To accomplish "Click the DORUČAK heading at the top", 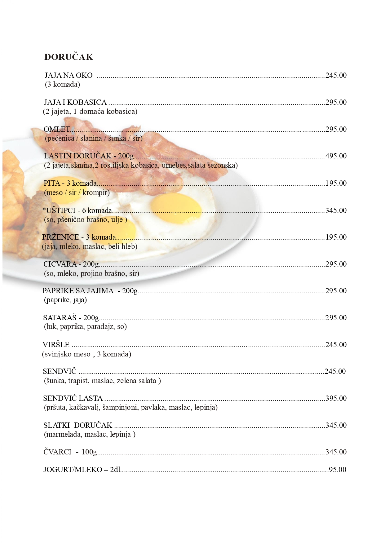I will [69, 57].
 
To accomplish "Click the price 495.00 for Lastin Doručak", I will [336, 156].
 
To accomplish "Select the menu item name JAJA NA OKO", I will [69, 75].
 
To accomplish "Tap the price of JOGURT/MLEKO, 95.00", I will [337, 470].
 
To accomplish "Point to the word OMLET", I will [57, 129].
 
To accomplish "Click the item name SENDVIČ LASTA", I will [73, 398].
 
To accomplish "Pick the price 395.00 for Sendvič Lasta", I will [336, 398].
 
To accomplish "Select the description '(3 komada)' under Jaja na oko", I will [63, 84].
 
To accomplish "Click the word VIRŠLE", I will [56, 345].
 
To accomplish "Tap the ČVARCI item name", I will [57, 452].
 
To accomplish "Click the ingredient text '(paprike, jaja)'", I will [65, 300].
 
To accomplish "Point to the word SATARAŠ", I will [60, 318].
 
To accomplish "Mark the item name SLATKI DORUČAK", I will [77, 425].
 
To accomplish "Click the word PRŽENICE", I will [61, 237].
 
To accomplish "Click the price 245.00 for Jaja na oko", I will [336, 75].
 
